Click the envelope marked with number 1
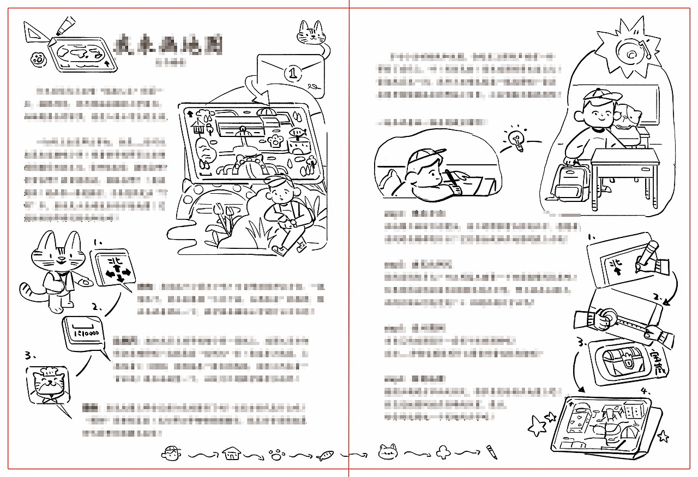290,73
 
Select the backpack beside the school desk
568,181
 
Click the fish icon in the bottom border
326,454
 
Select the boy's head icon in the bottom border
171,452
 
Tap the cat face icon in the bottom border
388,451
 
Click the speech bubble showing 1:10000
84,333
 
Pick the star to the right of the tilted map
663,436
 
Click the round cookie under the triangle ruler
37,58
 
